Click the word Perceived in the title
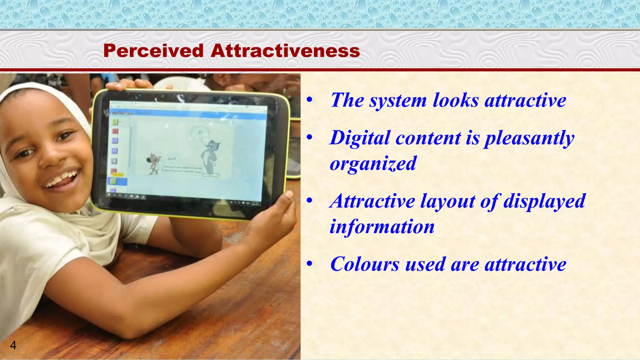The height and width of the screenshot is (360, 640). point(153,51)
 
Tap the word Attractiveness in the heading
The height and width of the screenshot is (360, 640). point(285,51)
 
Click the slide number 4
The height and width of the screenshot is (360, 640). point(13,345)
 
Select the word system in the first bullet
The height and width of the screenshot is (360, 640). point(398,100)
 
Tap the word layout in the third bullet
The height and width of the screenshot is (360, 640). point(447,201)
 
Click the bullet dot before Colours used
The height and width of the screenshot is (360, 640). point(309,264)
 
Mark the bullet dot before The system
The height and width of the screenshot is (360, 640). point(309,100)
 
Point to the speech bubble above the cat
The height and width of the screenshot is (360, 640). point(199,132)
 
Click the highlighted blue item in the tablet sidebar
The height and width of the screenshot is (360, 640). point(117,181)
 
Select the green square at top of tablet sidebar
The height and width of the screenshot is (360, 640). point(115,122)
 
